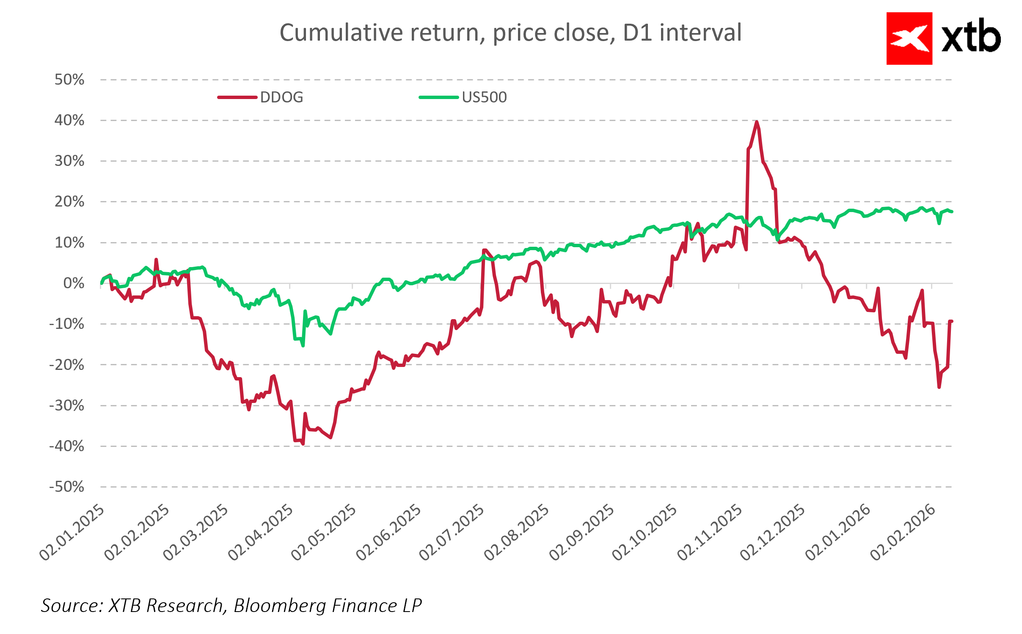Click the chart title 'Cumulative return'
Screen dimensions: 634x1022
click(510, 33)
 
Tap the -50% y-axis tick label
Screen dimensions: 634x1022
click(67, 487)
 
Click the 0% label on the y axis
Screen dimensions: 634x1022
click(74, 283)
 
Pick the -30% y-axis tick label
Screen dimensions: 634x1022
click(67, 405)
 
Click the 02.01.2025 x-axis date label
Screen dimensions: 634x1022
click(72, 532)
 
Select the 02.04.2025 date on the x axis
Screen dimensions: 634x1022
click(261, 532)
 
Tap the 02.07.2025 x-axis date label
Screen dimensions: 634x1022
click(452, 532)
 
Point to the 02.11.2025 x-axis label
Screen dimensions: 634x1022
click(710, 532)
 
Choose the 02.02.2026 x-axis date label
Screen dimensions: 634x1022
click(903, 532)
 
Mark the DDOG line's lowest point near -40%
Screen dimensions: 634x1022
click(303, 444)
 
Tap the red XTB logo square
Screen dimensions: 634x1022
click(909, 39)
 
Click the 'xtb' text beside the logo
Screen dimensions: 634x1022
click(971, 37)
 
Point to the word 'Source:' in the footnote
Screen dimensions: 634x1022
click(72, 606)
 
